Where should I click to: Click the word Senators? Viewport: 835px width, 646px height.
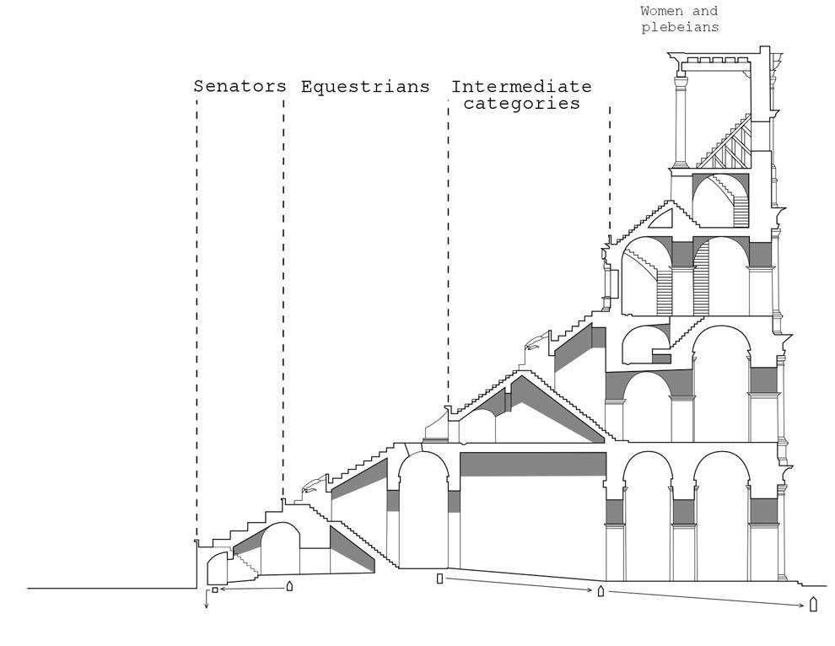tap(240, 86)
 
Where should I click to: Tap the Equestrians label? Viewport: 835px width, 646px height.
tap(365, 87)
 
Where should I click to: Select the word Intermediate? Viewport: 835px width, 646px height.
tap(521, 86)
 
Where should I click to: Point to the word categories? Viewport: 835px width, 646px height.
tap(521, 104)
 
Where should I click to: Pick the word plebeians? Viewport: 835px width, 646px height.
tap(680, 27)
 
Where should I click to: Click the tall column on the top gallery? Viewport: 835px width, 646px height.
tap(680, 121)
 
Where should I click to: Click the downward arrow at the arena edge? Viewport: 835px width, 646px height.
tap(207, 600)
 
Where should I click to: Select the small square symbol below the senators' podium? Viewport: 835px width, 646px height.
tap(214, 589)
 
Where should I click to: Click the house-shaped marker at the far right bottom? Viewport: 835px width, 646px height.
tap(813, 605)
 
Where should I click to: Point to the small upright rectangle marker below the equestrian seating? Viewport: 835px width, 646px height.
tap(439, 579)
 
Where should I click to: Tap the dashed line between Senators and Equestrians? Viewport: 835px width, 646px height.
tap(283, 298)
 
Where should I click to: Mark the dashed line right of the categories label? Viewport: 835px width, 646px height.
tap(610, 170)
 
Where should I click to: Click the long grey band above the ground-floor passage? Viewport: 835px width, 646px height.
tap(533, 464)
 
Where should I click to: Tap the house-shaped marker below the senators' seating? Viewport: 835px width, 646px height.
tap(289, 586)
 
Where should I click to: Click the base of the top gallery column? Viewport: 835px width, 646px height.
tap(680, 164)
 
